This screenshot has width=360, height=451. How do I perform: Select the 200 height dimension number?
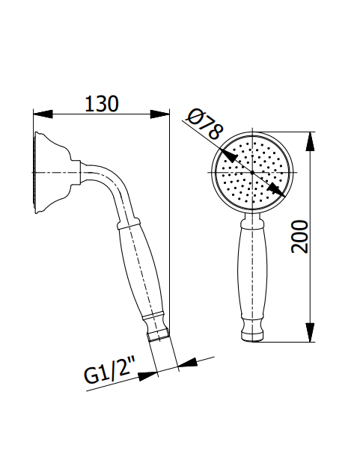click(299, 236)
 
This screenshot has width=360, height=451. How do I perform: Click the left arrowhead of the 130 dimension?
click(42, 114)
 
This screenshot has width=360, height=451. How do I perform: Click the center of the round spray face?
click(252, 173)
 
